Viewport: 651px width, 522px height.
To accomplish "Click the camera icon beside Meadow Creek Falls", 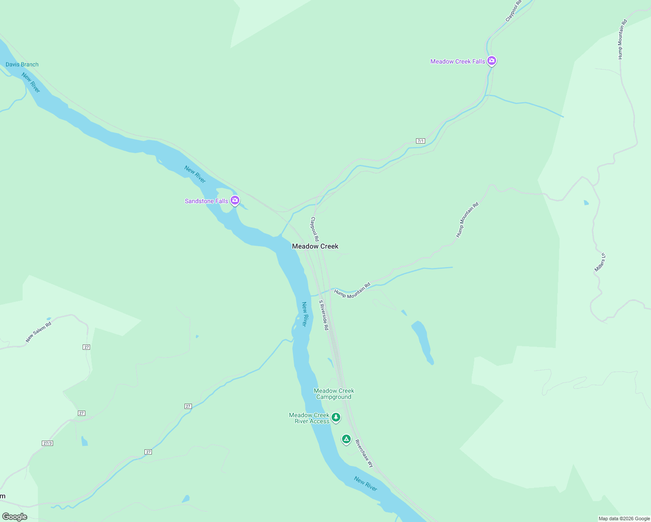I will pyautogui.click(x=492, y=61).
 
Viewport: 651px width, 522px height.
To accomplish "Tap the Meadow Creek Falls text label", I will pyautogui.click(x=457, y=61).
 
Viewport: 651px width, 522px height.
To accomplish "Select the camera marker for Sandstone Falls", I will pyautogui.click(x=235, y=201).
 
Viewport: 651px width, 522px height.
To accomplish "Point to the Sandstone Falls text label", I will pyautogui.click(x=206, y=201).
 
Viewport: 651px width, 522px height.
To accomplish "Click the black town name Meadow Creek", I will pyautogui.click(x=315, y=246).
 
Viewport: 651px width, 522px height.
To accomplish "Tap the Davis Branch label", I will pyautogui.click(x=22, y=64).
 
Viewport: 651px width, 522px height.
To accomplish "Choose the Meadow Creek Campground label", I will pyautogui.click(x=334, y=394).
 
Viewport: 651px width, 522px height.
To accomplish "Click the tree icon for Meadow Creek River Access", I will pyautogui.click(x=336, y=418).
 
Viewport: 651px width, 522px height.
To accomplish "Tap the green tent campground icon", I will pyautogui.click(x=346, y=439).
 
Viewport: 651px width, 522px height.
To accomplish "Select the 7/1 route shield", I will pyautogui.click(x=420, y=141).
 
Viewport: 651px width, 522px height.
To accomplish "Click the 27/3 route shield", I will pyautogui.click(x=47, y=443).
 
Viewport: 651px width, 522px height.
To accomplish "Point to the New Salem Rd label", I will pyautogui.click(x=38, y=331).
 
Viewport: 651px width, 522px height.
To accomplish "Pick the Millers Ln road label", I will pyautogui.click(x=600, y=262).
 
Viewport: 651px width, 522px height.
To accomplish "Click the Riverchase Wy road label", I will pyautogui.click(x=364, y=454).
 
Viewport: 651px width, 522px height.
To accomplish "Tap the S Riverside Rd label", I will pyautogui.click(x=323, y=315).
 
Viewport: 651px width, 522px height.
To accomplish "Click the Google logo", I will pyautogui.click(x=15, y=517).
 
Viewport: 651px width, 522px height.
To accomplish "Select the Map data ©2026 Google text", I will pyautogui.click(x=624, y=519).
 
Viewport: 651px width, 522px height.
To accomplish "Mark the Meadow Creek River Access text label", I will pyautogui.click(x=309, y=418).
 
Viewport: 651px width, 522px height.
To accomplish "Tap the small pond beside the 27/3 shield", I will pyautogui.click(x=84, y=441).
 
